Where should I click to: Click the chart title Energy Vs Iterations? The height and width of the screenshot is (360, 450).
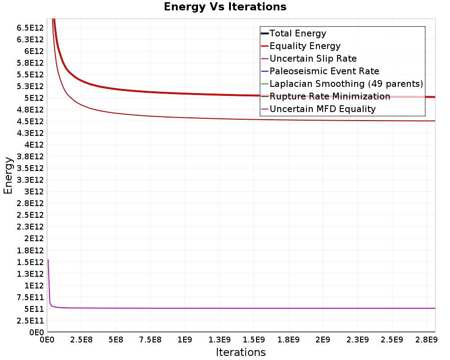point(225,7)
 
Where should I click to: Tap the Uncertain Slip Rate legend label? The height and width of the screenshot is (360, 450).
point(313,58)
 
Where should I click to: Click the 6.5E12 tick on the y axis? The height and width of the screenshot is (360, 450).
point(30,28)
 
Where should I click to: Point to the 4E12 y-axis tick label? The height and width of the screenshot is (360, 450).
point(34,145)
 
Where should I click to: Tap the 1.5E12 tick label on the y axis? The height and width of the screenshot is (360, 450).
point(30,262)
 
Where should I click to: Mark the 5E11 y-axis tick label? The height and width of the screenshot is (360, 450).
point(34,309)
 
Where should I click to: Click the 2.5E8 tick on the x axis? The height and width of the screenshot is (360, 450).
point(81,340)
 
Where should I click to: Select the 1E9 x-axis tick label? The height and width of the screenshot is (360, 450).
point(184,340)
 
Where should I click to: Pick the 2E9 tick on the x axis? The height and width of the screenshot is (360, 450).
point(323,340)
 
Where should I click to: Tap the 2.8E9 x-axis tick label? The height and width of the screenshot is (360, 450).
point(427,340)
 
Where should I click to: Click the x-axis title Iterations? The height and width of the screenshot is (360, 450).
point(241,352)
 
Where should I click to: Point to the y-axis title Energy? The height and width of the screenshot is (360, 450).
point(8,175)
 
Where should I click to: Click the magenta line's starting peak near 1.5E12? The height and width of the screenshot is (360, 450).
point(48,260)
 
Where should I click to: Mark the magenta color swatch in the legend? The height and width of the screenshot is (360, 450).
point(265,109)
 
